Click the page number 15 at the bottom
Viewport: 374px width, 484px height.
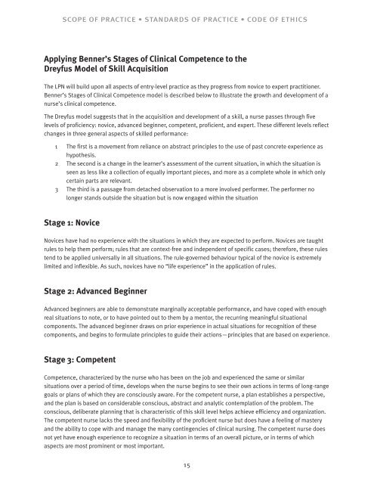point(186,467)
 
